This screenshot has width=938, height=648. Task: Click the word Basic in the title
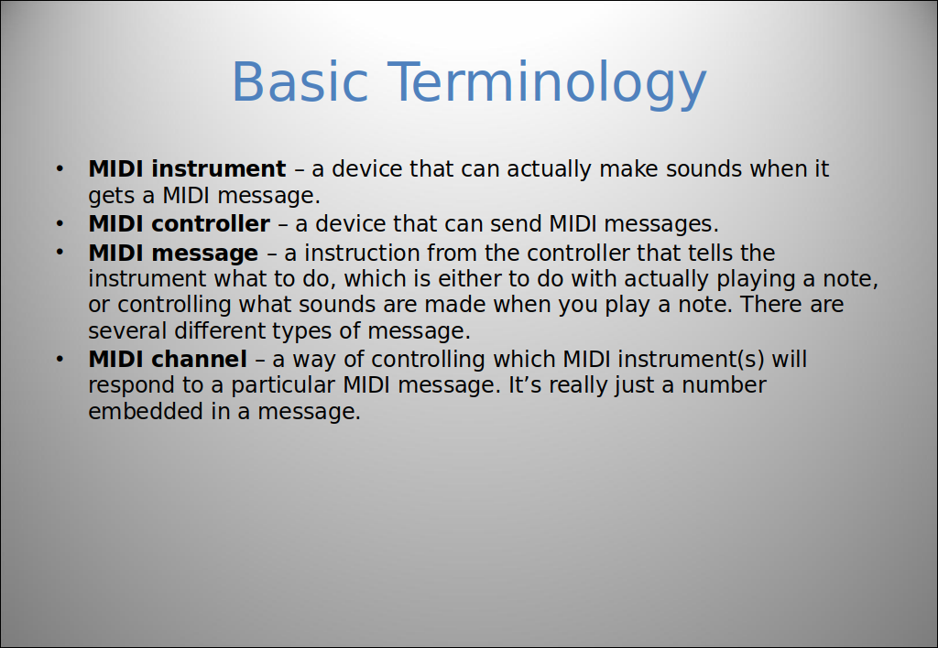300,81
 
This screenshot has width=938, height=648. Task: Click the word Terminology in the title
548,84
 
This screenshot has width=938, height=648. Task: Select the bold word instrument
218,168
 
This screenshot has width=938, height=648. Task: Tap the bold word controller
211,223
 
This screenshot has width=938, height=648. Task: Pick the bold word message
204,254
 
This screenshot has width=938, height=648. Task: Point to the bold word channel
199,360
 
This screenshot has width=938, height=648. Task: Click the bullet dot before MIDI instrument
60,168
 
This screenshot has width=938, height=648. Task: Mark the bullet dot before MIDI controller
60,224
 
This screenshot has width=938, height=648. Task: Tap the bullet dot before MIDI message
60,253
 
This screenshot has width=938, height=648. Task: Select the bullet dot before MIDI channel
60,360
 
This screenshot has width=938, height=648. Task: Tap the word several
127,330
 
